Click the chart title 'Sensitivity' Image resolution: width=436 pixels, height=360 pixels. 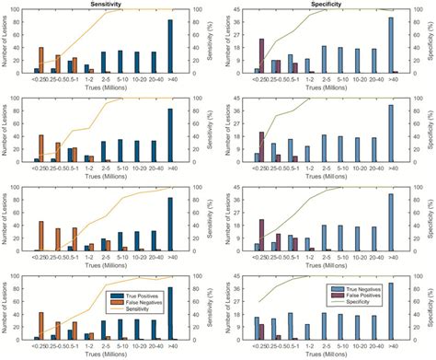click(105, 5)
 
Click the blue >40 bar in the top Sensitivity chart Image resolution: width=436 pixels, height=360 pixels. click(169, 46)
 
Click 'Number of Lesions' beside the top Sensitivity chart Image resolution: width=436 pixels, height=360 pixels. click(6, 42)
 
